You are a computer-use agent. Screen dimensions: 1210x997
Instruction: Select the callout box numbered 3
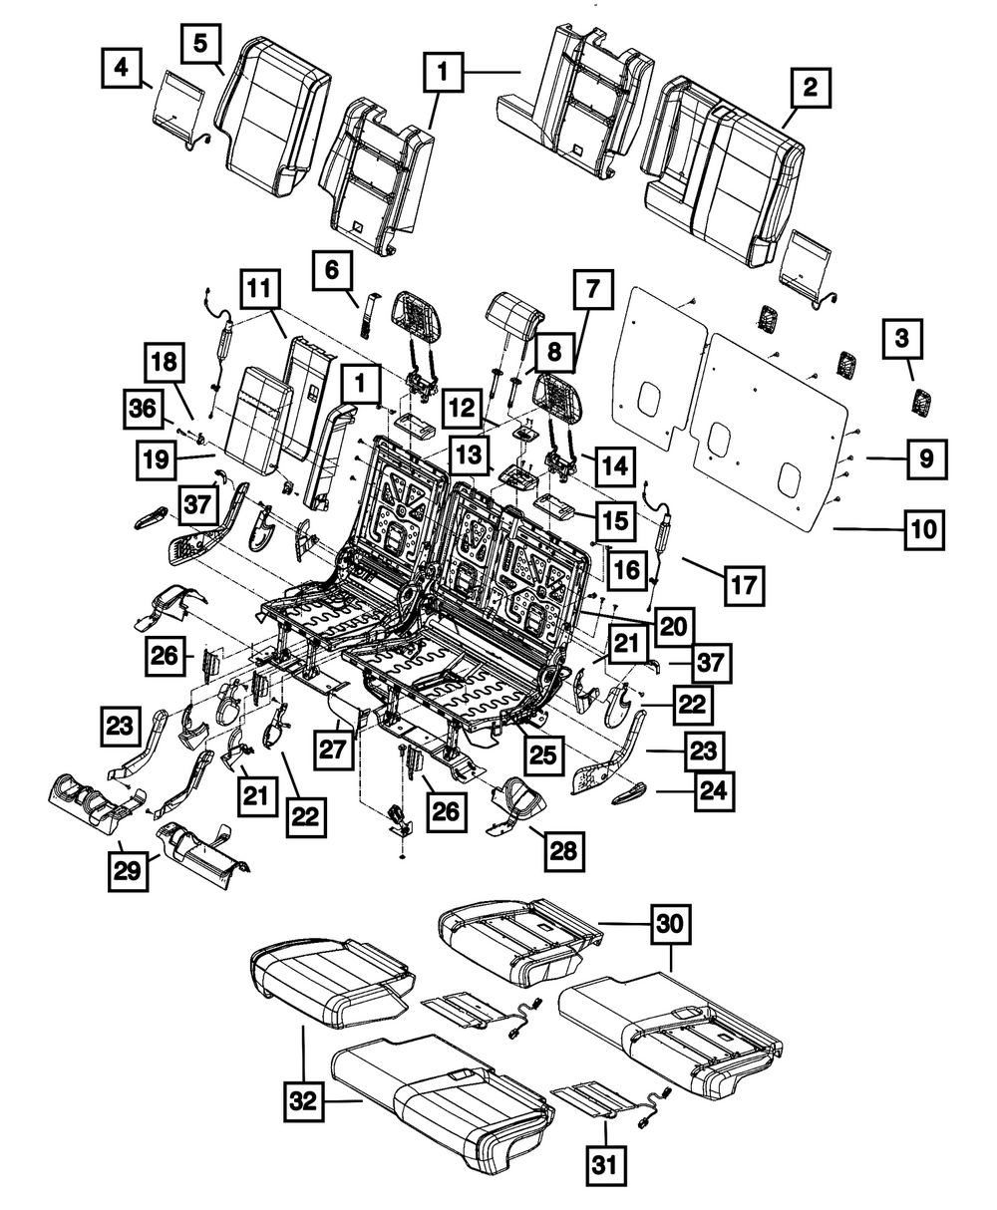901,339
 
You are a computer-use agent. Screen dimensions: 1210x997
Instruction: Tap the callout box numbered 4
121,69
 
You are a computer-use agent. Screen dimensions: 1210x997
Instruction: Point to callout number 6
332,269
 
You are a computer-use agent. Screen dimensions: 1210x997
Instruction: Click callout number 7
592,291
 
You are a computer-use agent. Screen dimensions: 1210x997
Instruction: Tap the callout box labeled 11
260,291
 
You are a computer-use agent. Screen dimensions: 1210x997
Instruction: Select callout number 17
743,585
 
